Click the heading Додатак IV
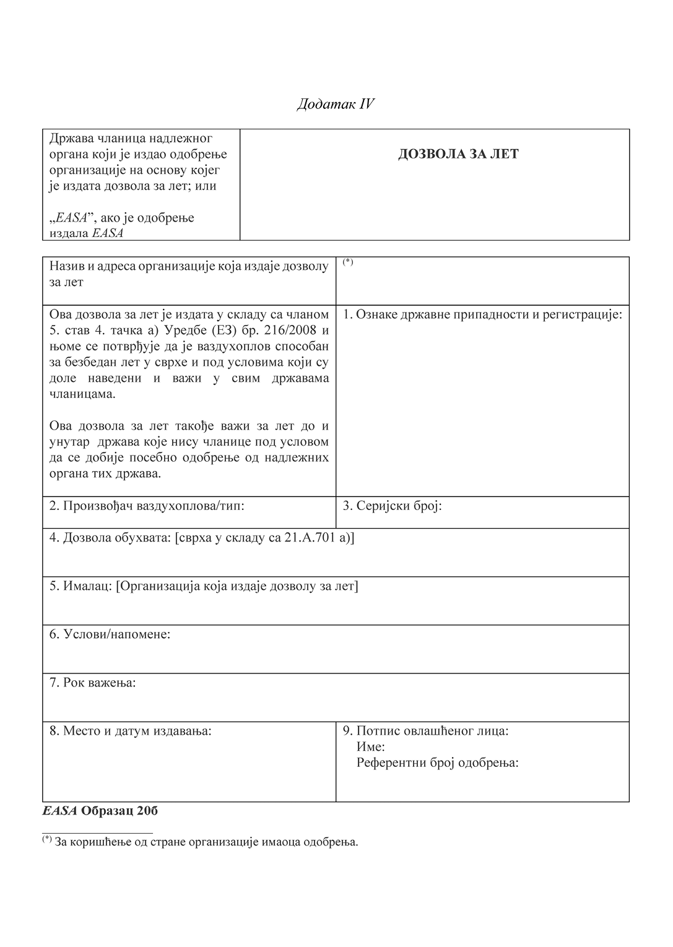336,104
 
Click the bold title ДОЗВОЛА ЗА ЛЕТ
458,154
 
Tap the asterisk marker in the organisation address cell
348,262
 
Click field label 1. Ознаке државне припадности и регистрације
482,314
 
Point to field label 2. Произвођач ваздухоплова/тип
147,506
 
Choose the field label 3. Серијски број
393,506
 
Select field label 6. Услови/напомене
110,634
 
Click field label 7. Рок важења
93,683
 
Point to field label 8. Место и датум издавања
131,731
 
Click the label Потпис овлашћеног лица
432,731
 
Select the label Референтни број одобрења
437,763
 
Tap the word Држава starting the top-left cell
69,137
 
